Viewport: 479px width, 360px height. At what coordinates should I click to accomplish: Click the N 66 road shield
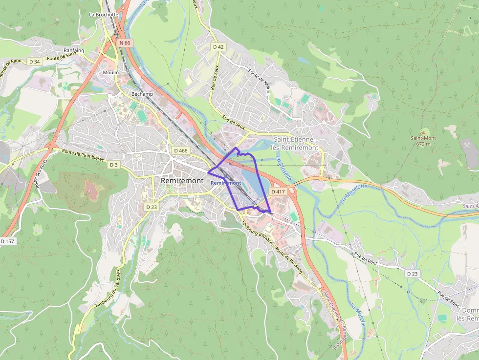[x=125, y=43]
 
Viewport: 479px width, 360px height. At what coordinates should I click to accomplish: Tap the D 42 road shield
[x=218, y=47]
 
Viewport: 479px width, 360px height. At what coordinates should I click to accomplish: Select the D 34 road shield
[x=34, y=62]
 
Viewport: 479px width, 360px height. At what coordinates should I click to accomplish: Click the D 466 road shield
[x=180, y=150]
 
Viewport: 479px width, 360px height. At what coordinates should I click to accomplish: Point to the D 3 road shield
[x=114, y=165]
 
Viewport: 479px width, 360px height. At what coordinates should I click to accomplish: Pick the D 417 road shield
[x=277, y=191]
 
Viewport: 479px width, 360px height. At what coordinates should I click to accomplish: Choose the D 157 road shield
[x=8, y=241]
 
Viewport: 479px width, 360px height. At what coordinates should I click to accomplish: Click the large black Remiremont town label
[x=182, y=181]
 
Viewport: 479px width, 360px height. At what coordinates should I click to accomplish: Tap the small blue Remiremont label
[x=226, y=183]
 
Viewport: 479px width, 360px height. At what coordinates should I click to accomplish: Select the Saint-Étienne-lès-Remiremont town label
[x=296, y=144]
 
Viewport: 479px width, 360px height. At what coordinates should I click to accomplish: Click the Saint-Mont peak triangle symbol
[x=423, y=131]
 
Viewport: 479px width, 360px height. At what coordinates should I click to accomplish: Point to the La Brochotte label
[x=104, y=15]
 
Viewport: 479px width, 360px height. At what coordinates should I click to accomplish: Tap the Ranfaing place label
[x=74, y=50]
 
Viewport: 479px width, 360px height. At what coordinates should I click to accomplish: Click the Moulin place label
[x=111, y=72]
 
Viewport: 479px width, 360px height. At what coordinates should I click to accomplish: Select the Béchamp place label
[x=142, y=94]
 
